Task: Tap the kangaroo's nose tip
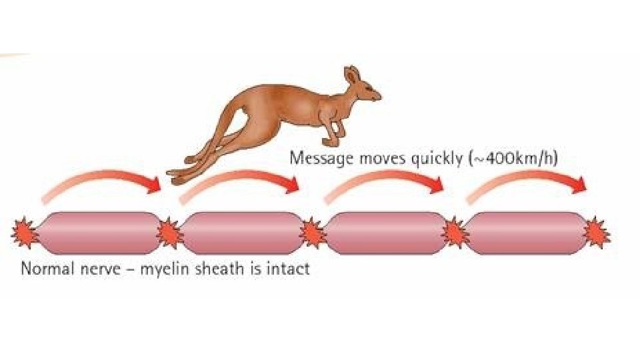(x=380, y=97)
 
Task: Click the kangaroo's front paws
(x=331, y=140)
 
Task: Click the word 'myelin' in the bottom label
(x=164, y=270)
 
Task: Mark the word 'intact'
(x=289, y=269)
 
